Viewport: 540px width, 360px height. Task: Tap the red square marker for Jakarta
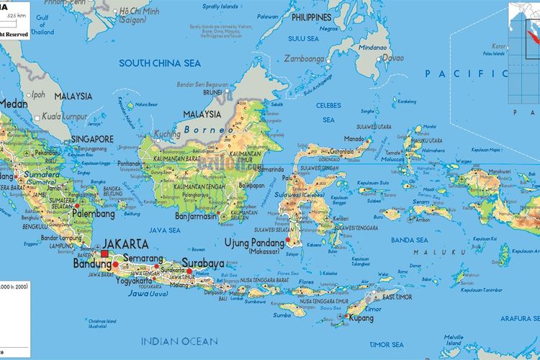click(105, 253)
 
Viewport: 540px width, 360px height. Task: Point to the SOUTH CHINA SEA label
click(160, 63)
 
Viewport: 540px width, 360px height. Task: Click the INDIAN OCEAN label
click(179, 341)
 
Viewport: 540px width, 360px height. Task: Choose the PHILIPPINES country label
click(311, 17)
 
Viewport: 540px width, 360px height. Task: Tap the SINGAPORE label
click(92, 139)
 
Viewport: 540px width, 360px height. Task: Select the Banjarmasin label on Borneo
click(203, 215)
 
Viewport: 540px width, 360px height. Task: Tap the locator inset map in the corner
click(523, 39)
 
